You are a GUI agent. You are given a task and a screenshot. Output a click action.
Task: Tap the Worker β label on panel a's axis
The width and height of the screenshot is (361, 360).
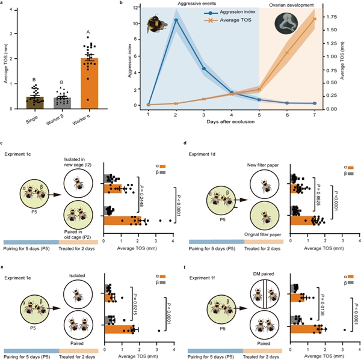(x=57, y=123)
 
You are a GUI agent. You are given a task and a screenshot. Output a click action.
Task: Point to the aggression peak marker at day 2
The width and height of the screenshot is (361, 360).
(x=176, y=20)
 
